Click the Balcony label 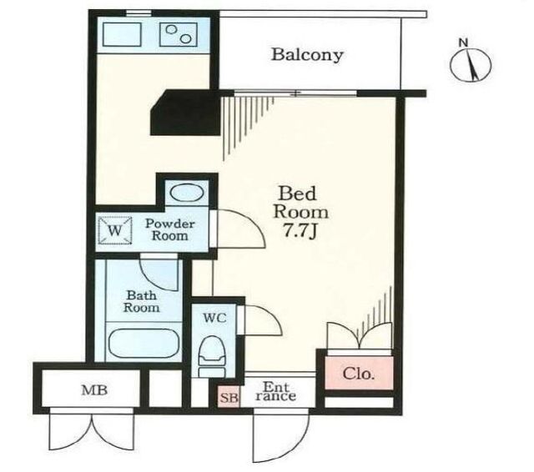307,55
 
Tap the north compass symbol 471,63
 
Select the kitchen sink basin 122,34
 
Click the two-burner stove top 179,34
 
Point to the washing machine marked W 115,230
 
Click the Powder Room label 170,229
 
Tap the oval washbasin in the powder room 186,193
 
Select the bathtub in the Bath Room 144,343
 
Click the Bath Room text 141,302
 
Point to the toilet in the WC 212,356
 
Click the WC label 214,319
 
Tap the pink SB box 229,396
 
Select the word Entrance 276,392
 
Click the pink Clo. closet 359,373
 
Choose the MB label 94,390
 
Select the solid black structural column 185,113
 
